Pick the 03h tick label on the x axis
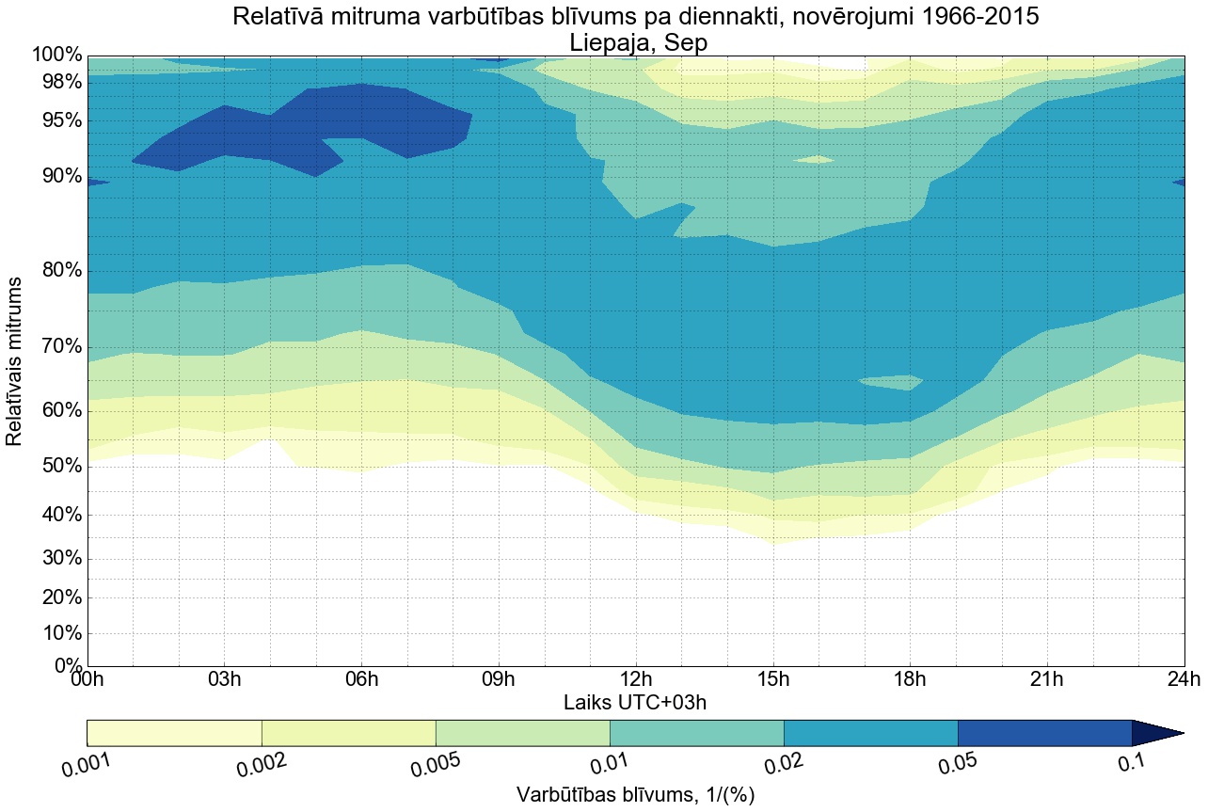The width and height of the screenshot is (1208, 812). tap(224, 679)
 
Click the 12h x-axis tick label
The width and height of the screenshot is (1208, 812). tap(635, 679)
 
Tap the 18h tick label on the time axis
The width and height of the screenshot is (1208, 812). tap(909, 679)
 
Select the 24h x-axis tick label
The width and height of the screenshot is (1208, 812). tap(1183, 679)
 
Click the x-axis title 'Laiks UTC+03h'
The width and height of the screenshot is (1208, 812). tap(635, 702)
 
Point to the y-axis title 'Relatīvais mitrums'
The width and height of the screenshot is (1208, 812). tap(15, 361)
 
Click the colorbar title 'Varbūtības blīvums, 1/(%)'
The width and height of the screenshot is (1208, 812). tap(635, 795)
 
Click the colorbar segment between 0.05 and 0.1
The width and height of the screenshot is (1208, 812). tap(1044, 733)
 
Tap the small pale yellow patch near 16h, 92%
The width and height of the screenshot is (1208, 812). tap(815, 160)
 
